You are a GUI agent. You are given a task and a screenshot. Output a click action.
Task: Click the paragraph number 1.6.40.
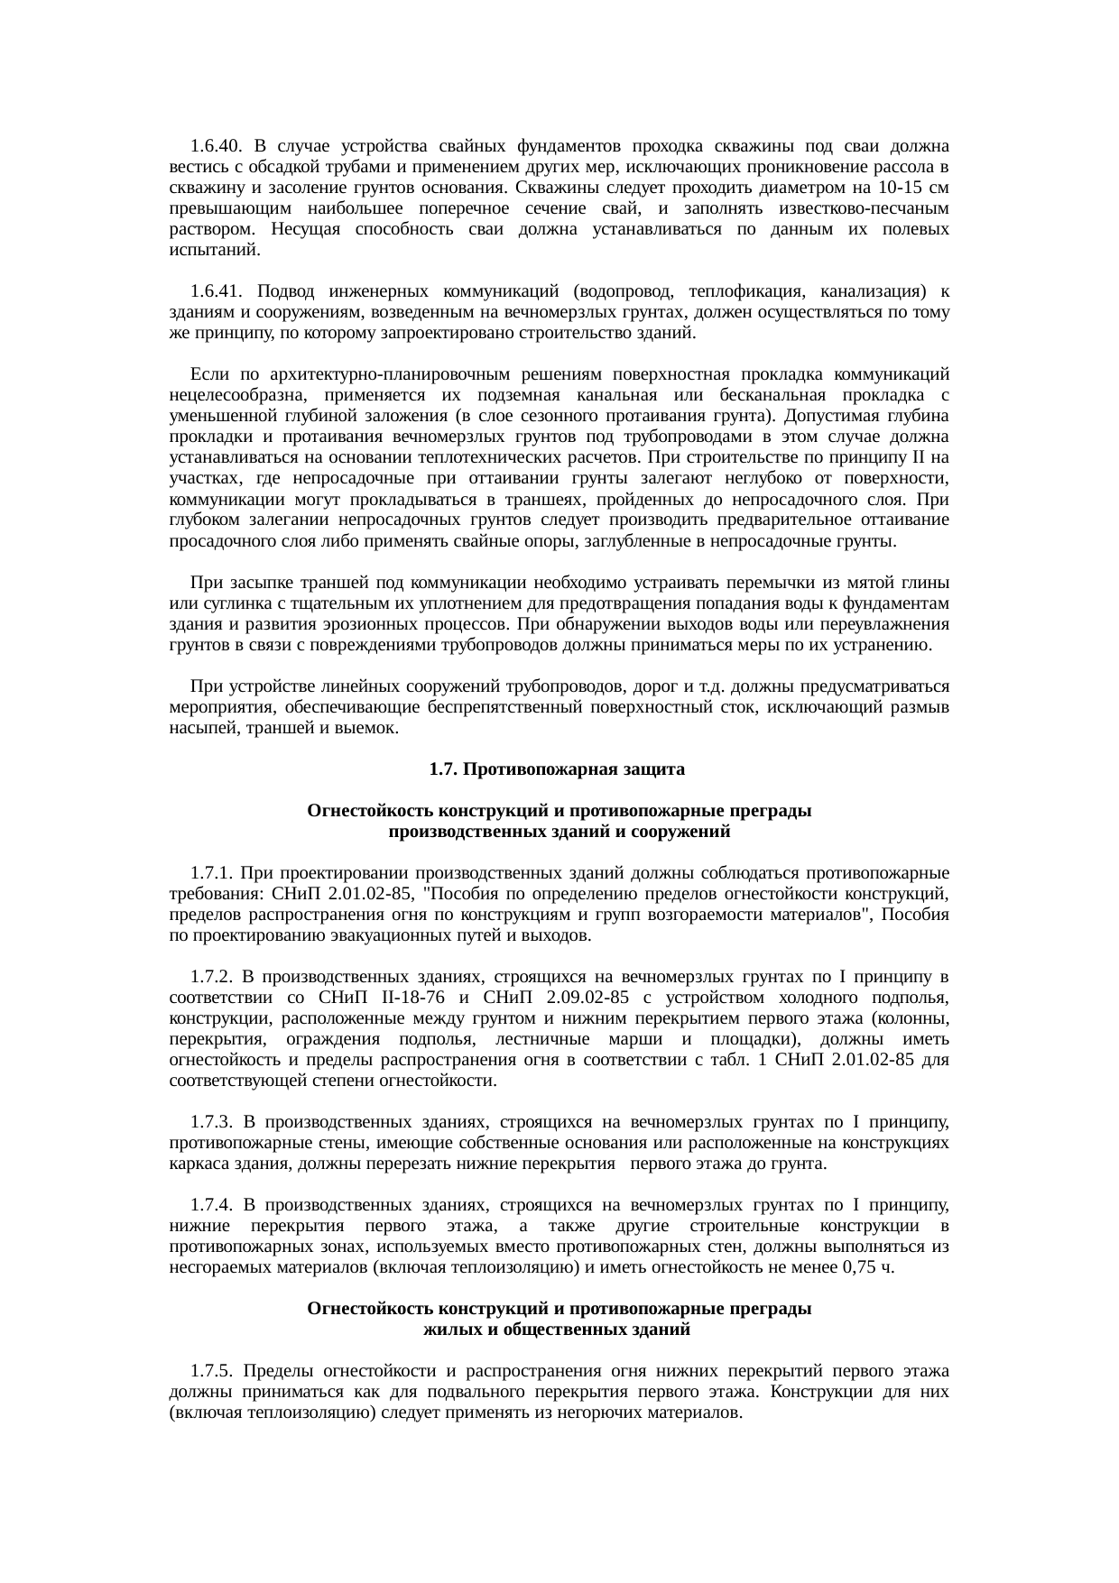coord(217,146)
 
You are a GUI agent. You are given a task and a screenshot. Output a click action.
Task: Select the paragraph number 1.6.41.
coord(217,291)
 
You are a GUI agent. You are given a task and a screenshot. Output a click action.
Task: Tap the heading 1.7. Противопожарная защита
coord(557,769)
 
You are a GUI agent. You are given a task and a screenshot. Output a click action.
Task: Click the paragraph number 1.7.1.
coord(213,873)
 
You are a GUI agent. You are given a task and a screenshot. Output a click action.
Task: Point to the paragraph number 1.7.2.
coord(213,977)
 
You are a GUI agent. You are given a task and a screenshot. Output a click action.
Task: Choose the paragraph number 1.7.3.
coord(213,1122)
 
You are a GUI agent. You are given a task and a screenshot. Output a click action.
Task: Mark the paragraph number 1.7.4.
coord(213,1205)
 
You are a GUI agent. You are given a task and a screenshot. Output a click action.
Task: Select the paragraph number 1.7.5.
coord(213,1371)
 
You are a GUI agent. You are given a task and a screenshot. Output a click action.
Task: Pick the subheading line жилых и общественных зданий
coord(557,1330)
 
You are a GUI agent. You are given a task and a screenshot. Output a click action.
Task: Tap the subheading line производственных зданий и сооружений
coord(559,832)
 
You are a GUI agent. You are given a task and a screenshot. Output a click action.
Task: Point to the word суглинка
coord(227,603)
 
